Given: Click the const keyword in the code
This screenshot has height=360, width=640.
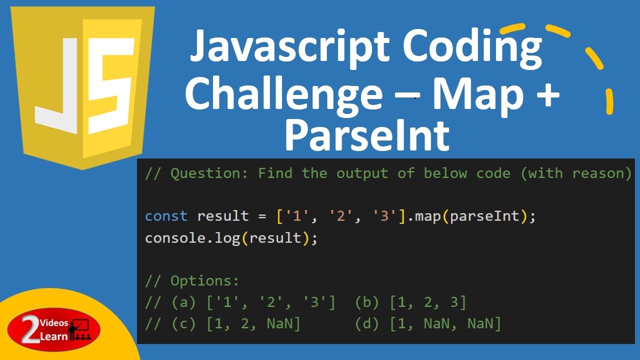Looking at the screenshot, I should (x=166, y=216).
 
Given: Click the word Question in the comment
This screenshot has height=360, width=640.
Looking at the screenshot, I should (x=209, y=173).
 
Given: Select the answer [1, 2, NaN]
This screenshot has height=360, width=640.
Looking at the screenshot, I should (x=253, y=324).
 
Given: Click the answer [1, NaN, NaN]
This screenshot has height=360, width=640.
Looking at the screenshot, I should (x=444, y=324).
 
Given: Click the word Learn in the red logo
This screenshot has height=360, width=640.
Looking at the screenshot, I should (x=55, y=336).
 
